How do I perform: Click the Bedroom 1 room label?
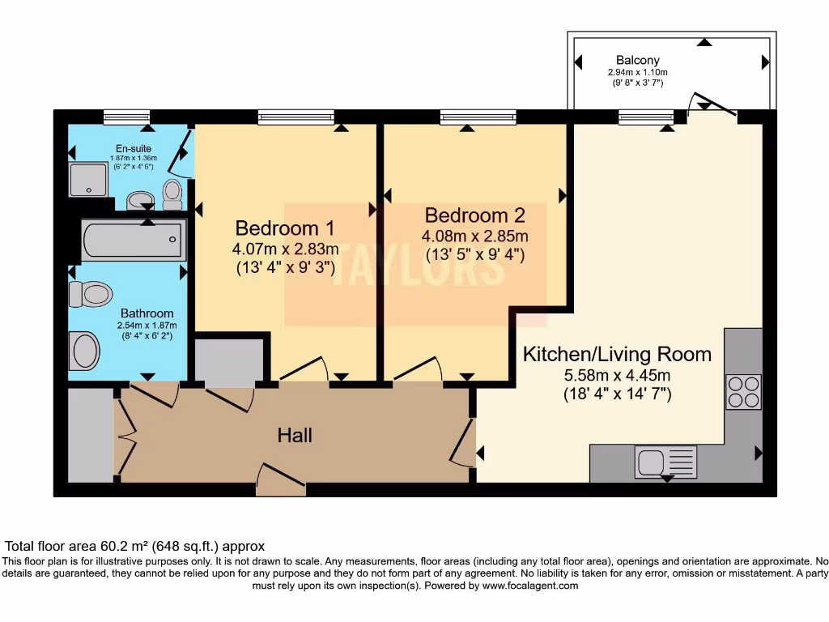[x=284, y=227]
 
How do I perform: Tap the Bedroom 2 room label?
[x=474, y=215]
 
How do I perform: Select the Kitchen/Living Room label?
[x=617, y=354]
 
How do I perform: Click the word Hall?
[x=295, y=436]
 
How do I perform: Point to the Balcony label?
[x=637, y=60]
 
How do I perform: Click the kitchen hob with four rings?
[x=743, y=392]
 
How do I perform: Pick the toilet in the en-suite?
[x=172, y=193]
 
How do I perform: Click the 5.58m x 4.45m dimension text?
[x=617, y=376]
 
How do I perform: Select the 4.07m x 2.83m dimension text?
[x=285, y=248]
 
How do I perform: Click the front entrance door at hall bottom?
[x=281, y=479]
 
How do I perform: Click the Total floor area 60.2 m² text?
[x=135, y=547]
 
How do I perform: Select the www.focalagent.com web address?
[x=529, y=586]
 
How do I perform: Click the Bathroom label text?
[x=147, y=313]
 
